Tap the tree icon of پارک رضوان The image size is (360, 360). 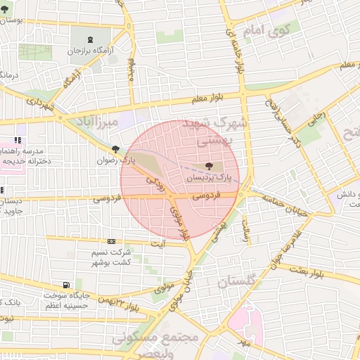115,148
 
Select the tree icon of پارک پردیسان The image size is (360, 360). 207,167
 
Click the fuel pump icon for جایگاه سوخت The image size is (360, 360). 65,285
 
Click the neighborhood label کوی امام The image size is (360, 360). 266,31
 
